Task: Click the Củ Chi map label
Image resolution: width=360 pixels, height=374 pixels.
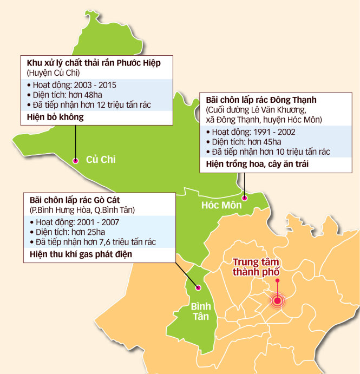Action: pos(101,159)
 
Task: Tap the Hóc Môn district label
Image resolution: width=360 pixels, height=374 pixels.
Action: pos(221,205)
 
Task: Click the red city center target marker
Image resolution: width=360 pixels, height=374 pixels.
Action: pos(278,301)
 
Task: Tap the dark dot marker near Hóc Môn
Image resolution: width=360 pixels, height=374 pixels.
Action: pos(244,198)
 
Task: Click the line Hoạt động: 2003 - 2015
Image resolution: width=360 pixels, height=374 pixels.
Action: pos(70,84)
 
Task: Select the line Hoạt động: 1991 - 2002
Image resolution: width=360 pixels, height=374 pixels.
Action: pos(250,132)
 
